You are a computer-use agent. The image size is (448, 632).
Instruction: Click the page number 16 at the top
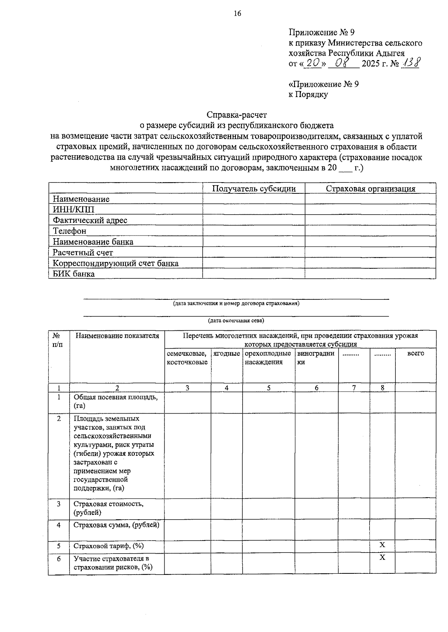click(237, 14)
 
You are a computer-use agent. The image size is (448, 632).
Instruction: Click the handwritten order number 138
click(410, 63)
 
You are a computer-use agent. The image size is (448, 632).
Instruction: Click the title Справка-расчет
click(237, 115)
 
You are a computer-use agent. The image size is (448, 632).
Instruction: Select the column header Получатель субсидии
click(254, 189)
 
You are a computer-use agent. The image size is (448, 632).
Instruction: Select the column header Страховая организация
click(370, 189)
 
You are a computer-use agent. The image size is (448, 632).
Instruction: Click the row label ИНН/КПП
click(74, 209)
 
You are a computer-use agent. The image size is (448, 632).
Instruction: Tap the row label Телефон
click(69, 231)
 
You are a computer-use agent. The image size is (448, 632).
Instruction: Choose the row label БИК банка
click(74, 274)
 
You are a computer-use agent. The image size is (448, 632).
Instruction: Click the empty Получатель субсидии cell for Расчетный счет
click(254, 253)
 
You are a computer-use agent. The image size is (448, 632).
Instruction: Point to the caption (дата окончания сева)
click(236, 320)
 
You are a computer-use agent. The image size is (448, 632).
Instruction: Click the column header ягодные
click(227, 353)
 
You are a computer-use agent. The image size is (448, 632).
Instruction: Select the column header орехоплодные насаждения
click(268, 358)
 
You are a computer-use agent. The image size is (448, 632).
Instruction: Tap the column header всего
click(416, 353)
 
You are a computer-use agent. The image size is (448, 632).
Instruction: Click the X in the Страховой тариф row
click(382, 545)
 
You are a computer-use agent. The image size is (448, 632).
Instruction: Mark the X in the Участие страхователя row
click(382, 558)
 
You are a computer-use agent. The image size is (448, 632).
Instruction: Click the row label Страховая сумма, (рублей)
click(116, 525)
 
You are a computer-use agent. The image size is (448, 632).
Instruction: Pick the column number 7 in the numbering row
click(354, 387)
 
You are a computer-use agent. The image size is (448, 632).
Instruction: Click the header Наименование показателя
click(117, 336)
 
